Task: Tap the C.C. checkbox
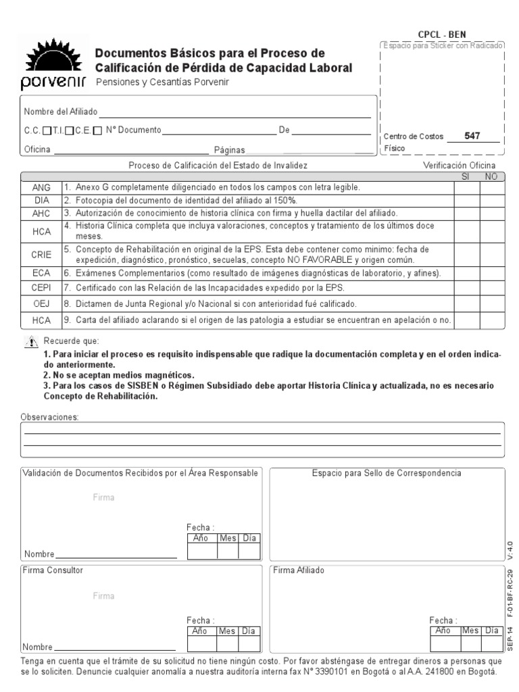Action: pyautogui.click(x=46, y=131)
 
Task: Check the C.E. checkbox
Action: pyautogui.click(x=98, y=131)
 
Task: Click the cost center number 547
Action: pyautogui.click(x=472, y=136)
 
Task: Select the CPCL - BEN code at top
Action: pyautogui.click(x=442, y=34)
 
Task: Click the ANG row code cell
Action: pyautogui.click(x=41, y=187)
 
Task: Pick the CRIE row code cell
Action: pyautogui.click(x=41, y=254)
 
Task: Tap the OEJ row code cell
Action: pyautogui.click(x=41, y=304)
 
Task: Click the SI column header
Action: pyautogui.click(x=466, y=176)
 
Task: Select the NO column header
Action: pyautogui.click(x=491, y=176)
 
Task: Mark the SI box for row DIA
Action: pyautogui.click(x=466, y=201)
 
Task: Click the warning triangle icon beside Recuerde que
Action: pyautogui.click(x=31, y=342)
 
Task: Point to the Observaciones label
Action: pyautogui.click(x=50, y=417)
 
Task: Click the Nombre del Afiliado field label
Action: pyautogui.click(x=61, y=112)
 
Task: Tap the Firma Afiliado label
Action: pyautogui.click(x=298, y=570)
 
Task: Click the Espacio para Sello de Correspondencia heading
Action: pyautogui.click(x=387, y=473)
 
